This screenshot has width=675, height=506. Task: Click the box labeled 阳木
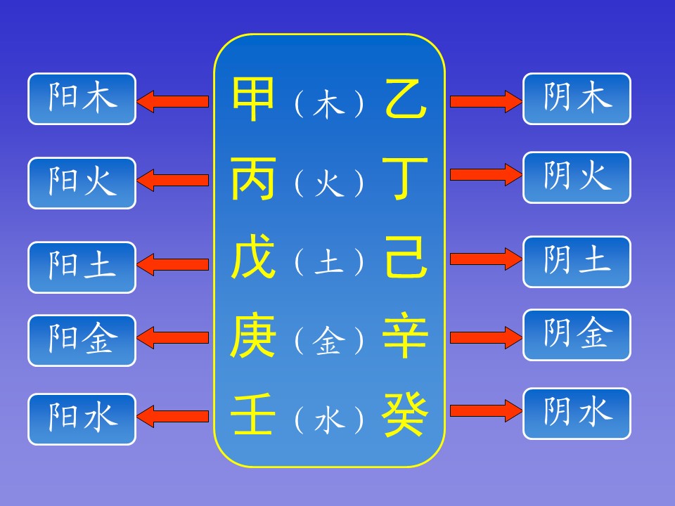(82, 99)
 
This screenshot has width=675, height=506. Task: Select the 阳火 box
(82, 183)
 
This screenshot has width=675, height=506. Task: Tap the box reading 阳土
(82, 267)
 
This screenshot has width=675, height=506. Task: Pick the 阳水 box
(82, 419)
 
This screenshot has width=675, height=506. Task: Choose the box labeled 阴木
(577, 99)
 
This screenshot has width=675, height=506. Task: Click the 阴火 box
(577, 178)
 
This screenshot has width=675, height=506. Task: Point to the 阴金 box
(577, 335)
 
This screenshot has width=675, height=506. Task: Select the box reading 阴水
(577, 413)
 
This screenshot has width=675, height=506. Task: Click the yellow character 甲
(253, 100)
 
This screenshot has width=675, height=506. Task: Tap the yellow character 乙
(406, 100)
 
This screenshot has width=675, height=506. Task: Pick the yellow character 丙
(253, 180)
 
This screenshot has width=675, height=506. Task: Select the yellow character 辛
(406, 337)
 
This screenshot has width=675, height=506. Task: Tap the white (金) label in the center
(329, 342)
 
